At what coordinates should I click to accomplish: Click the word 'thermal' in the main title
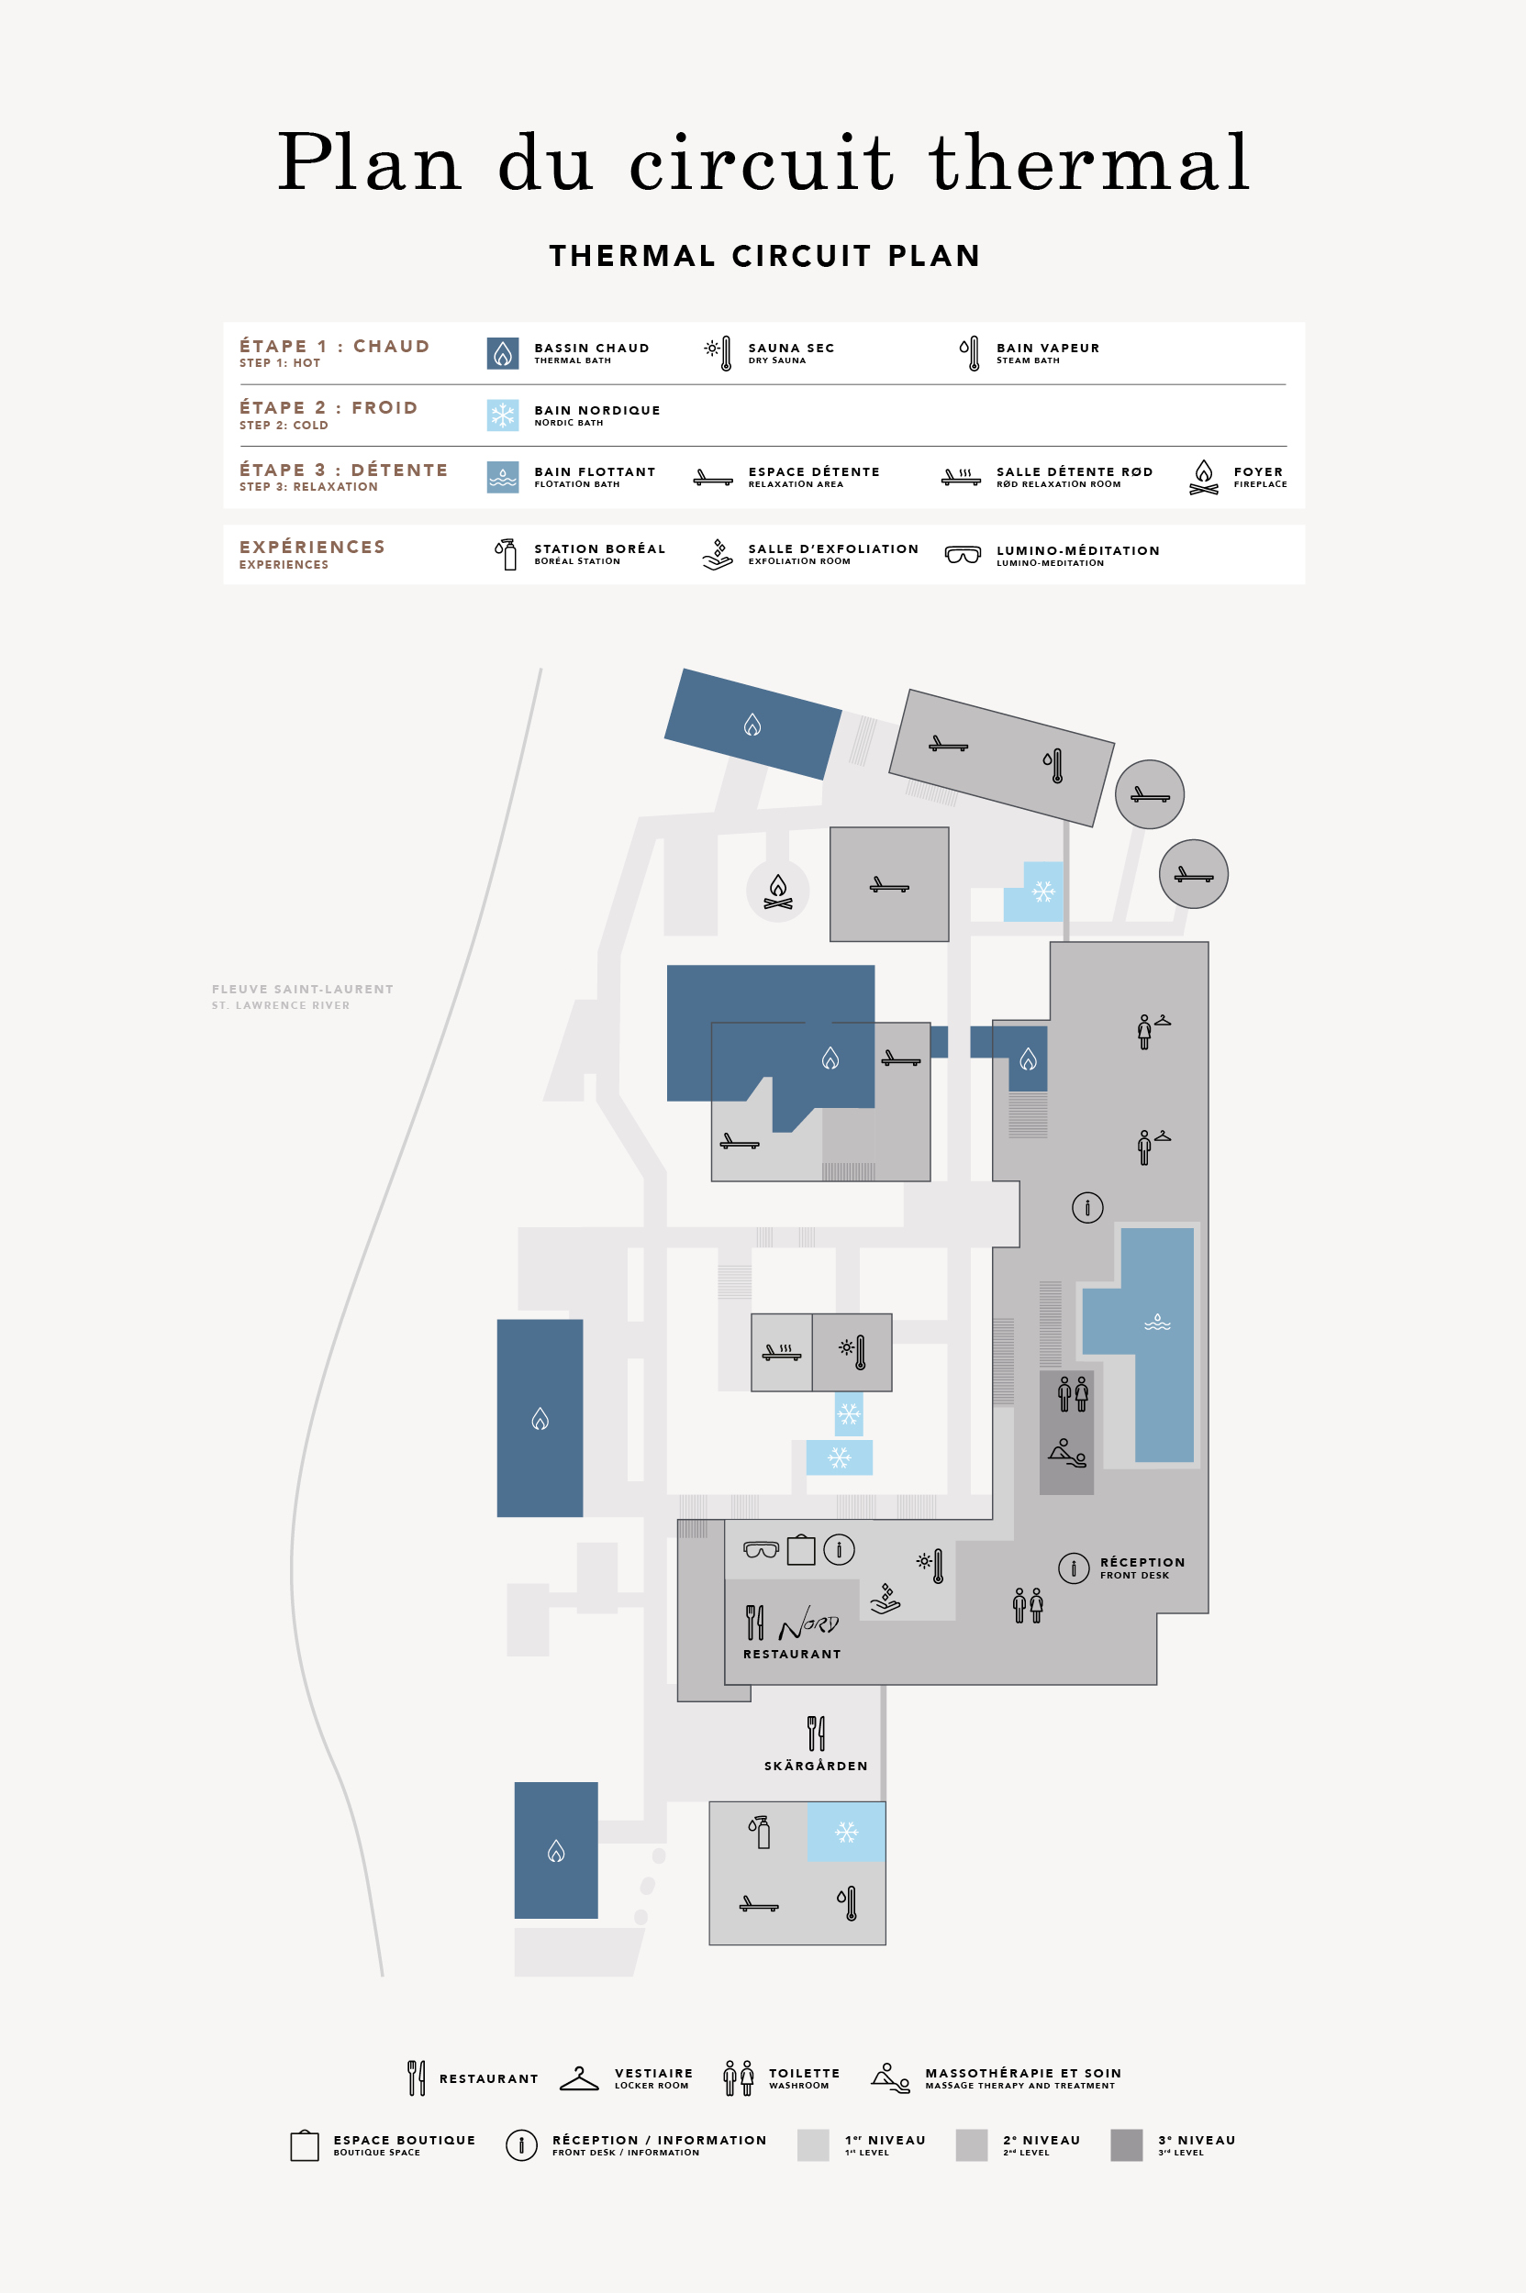[1089, 161]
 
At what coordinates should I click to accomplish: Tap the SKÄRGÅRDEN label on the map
[816, 1765]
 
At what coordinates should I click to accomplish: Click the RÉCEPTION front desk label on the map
[1142, 1567]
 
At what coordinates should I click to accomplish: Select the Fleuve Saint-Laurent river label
[303, 996]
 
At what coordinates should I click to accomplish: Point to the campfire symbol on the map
[777, 891]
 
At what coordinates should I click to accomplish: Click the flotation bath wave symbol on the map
[1157, 1322]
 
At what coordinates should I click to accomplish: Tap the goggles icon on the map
[761, 1549]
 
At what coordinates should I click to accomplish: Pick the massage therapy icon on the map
[1066, 1453]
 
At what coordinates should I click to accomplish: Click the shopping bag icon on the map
[801, 1549]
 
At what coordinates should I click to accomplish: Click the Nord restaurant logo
[808, 1622]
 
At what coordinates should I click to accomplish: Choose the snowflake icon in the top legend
[502, 415]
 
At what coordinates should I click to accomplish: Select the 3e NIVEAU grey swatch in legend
[1126, 2144]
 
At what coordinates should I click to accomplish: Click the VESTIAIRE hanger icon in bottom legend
[579, 2078]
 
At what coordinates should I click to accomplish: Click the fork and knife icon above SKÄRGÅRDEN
[817, 1733]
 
